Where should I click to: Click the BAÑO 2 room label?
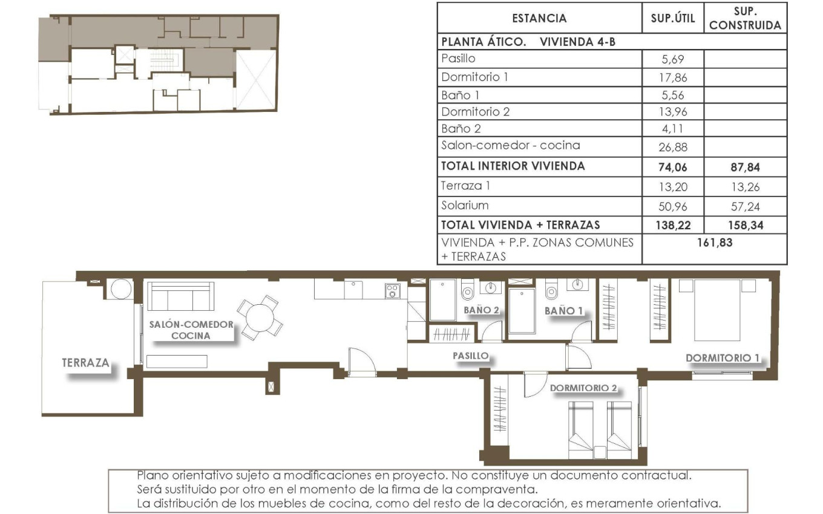481,310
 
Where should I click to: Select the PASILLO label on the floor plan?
470,356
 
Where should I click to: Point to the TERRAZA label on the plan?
85,363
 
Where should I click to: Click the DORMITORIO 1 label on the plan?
722,358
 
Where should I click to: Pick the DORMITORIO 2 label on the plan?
583,388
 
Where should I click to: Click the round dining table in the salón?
260,316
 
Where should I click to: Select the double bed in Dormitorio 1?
717,310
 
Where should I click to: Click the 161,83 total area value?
714,242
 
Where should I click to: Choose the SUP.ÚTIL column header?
672,19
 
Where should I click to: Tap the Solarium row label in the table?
465,206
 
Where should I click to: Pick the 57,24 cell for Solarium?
745,206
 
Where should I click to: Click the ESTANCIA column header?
539,19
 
